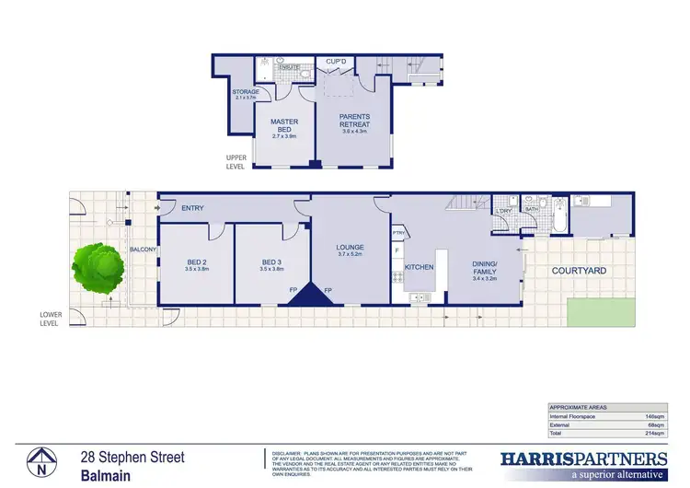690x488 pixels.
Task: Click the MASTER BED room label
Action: pyautogui.click(x=283, y=126)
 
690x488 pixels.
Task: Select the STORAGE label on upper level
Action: pyautogui.click(x=246, y=92)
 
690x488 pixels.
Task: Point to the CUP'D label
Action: pyautogui.click(x=336, y=62)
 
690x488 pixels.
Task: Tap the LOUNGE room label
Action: pyautogui.click(x=350, y=247)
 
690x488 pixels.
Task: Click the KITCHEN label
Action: pyautogui.click(x=419, y=267)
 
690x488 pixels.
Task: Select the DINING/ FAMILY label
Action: pyautogui.click(x=484, y=267)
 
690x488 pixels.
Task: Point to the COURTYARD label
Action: pyautogui.click(x=579, y=271)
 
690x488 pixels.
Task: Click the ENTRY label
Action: pyautogui.click(x=192, y=208)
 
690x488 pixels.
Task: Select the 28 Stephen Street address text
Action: pyautogui.click(x=132, y=458)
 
